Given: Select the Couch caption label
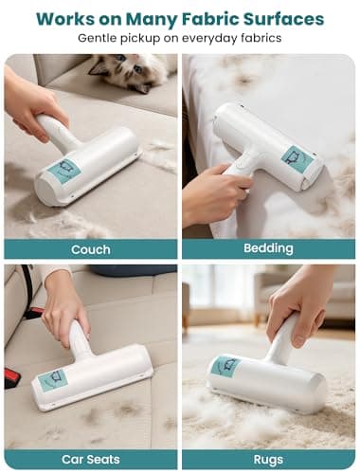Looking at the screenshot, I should tap(90, 250).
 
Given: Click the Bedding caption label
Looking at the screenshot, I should tap(268, 250).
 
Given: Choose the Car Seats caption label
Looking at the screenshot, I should tap(90, 459).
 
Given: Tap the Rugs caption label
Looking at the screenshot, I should tap(268, 459).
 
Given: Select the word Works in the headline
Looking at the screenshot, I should tap(70, 19).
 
